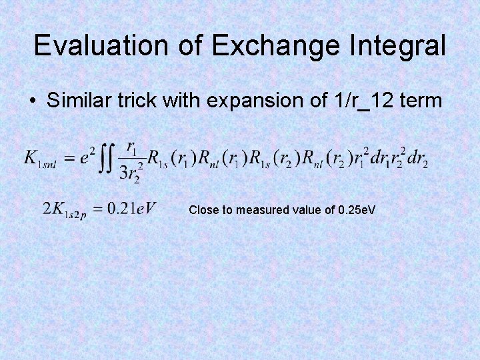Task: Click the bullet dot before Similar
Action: click(32, 101)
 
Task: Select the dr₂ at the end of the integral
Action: click(417, 160)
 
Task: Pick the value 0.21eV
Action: click(131, 208)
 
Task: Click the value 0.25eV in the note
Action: click(357, 210)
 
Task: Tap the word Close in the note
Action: click(202, 210)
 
